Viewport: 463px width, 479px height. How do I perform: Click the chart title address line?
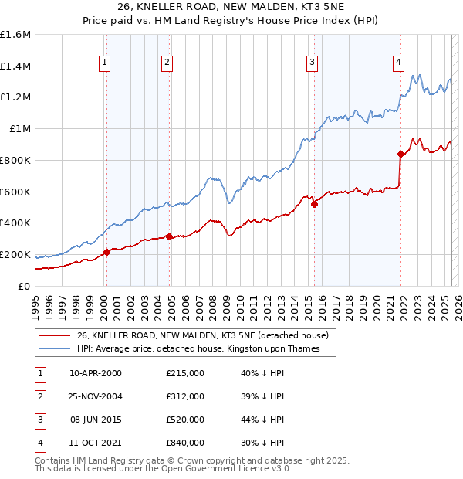[x=231, y=7]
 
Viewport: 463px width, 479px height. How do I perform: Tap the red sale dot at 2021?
[x=400, y=154]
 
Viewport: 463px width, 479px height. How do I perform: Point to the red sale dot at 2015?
[x=315, y=204]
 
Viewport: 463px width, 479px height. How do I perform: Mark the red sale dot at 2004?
[x=169, y=236]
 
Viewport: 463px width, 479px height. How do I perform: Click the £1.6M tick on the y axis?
[x=15, y=35]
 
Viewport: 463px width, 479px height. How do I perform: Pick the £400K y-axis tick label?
[x=15, y=223]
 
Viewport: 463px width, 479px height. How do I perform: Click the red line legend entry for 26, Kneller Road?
[x=203, y=335]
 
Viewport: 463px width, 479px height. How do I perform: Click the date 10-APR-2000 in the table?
[x=96, y=373]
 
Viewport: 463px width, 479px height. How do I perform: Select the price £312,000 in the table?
[x=185, y=396]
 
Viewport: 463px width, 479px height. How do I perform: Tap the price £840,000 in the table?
[x=185, y=443]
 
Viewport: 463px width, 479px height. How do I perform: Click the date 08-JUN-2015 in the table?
[x=96, y=420]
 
